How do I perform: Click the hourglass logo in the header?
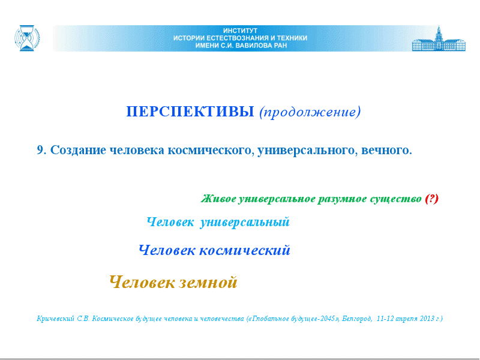[27, 38]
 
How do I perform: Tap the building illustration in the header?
[439, 38]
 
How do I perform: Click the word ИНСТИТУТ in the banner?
[240, 31]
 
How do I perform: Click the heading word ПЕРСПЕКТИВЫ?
[190, 112]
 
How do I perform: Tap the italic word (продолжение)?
[310, 112]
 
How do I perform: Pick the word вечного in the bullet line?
[386, 151]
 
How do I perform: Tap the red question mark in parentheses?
[431, 199]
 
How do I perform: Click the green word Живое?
[218, 199]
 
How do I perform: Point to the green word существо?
[395, 199]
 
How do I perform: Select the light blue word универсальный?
[245, 222]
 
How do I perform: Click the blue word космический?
[245, 250]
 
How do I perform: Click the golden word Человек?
[142, 282]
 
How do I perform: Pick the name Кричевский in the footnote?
[55, 319]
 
